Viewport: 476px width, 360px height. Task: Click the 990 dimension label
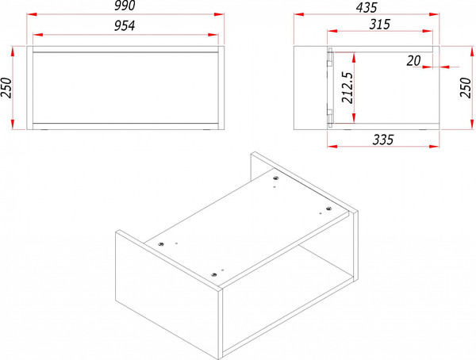click(125, 6)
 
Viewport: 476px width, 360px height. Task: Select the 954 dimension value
click(125, 26)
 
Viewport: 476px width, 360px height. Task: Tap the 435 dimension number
click(367, 7)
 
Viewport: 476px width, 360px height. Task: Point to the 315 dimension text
click(379, 25)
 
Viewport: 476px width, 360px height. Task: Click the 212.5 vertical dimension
click(347, 87)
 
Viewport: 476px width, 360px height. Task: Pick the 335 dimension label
click(383, 140)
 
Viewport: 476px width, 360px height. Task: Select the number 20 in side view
click(413, 61)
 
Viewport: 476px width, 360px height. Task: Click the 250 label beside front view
click(6, 88)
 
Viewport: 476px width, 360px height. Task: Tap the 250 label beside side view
click(466, 87)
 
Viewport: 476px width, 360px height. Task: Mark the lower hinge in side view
click(330, 117)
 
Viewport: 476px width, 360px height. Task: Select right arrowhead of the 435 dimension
click(434, 14)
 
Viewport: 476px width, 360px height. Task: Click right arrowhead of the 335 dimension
click(434, 147)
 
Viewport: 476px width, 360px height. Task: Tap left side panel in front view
click(30, 88)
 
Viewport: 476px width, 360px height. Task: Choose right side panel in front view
click(221, 88)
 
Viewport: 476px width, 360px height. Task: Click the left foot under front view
click(44, 130)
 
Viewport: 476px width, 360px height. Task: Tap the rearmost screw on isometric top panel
click(275, 178)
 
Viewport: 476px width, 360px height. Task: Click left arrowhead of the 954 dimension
click(37, 35)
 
